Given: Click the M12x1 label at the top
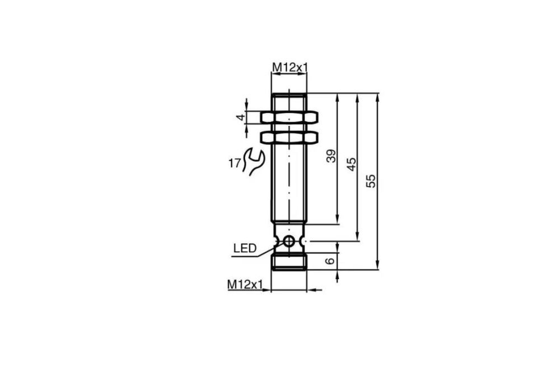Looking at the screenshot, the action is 290,68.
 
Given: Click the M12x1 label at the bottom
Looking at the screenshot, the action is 245,284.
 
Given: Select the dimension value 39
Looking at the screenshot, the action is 332,156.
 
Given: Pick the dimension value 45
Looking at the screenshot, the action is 352,164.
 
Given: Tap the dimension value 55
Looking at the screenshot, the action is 371,181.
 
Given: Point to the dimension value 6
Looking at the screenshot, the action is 331,261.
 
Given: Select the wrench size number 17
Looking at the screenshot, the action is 235,164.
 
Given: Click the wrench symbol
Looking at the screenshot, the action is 254,162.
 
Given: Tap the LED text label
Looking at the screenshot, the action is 245,248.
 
